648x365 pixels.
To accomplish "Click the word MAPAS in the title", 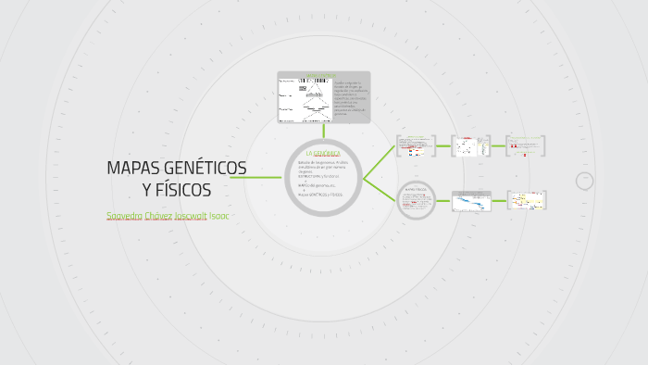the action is (x=132, y=168).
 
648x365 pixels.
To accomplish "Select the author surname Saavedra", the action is (x=124, y=216).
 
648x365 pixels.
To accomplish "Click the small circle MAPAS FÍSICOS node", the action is (x=416, y=200).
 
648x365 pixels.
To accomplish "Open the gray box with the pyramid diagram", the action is (x=323, y=97).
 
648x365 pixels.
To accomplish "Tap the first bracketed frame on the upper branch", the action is (x=416, y=145).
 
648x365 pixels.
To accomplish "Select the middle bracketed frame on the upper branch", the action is (x=471, y=145).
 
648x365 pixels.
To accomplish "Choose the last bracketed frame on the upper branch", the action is (x=526, y=145).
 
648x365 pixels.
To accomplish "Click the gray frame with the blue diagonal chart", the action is (x=471, y=200).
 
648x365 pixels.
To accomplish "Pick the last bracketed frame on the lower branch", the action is (x=526, y=200).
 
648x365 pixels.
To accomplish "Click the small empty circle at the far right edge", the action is (x=584, y=182).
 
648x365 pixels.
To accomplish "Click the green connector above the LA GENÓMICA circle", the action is (x=323, y=132).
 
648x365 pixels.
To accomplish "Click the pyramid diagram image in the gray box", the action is (x=305, y=98).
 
